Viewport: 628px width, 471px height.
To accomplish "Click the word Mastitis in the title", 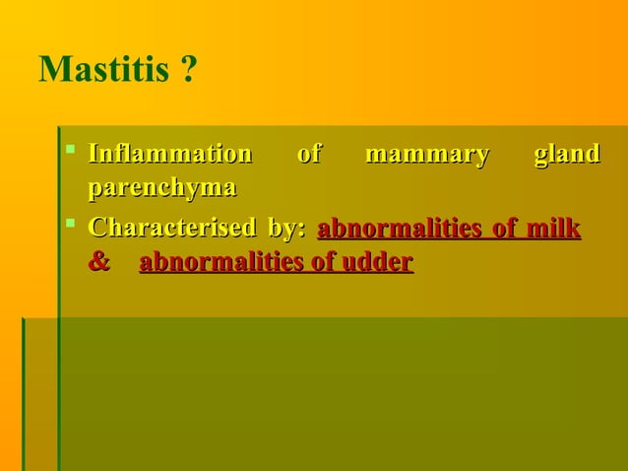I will [x=103, y=71].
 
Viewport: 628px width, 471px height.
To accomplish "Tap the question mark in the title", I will [x=187, y=71].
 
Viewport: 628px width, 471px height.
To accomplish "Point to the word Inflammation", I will [x=169, y=155].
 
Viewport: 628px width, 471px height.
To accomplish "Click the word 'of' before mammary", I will [x=308, y=155].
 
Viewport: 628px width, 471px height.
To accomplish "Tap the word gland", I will [x=566, y=155].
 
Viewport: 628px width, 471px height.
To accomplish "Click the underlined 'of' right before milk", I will [x=505, y=229].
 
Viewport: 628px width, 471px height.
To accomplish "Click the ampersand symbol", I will [x=98, y=263].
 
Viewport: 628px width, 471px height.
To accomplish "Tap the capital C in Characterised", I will [x=97, y=229].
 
